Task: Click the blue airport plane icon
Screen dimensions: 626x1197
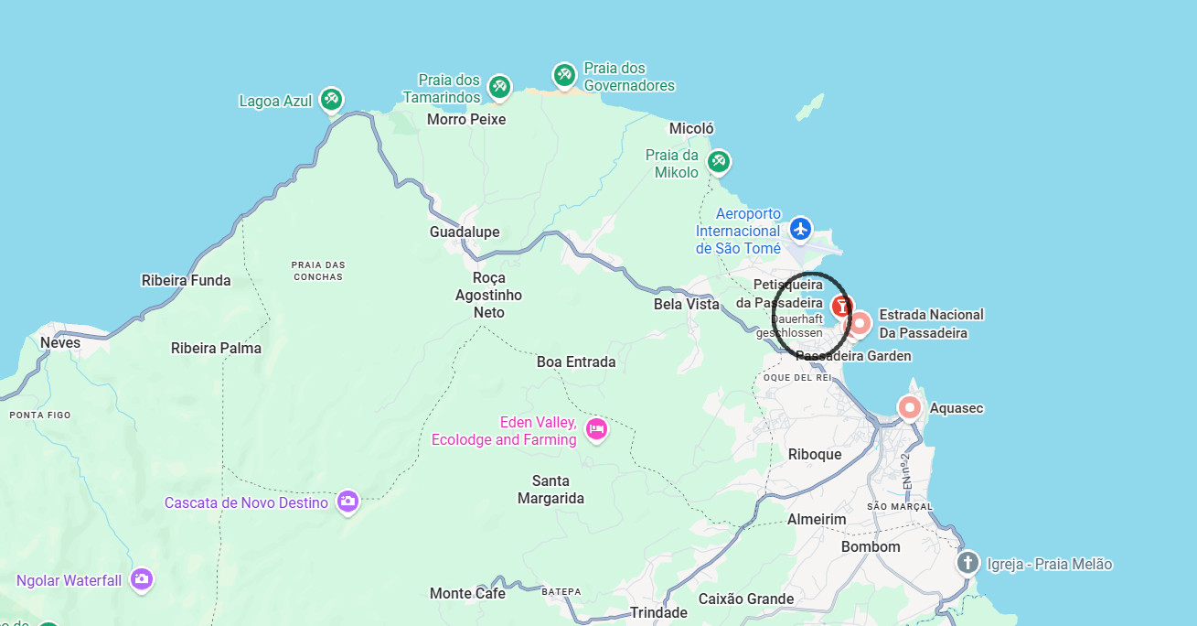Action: pos(801,229)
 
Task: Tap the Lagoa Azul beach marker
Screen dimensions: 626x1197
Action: pos(332,99)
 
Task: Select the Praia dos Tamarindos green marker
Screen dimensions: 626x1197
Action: pos(499,87)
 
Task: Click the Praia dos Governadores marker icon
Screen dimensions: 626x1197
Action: pos(564,74)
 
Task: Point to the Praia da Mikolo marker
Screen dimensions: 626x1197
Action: pos(719,162)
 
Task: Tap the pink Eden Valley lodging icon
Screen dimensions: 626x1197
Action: pos(596,428)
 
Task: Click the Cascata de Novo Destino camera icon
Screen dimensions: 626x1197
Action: pos(347,501)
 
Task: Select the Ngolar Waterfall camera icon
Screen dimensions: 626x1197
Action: pos(141,578)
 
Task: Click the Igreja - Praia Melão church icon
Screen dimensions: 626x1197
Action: pos(967,562)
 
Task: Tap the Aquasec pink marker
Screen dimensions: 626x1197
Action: pos(909,407)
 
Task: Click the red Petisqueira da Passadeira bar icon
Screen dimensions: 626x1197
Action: pos(841,306)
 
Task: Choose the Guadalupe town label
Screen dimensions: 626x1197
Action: pos(465,232)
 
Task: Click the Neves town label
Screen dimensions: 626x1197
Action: pos(60,343)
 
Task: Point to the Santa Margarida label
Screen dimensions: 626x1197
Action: pos(550,490)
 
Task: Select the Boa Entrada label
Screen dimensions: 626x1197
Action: pos(576,362)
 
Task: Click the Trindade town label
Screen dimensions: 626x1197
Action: pos(658,613)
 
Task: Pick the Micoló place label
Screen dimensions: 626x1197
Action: pos(691,129)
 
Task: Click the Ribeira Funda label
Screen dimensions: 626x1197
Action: pos(186,281)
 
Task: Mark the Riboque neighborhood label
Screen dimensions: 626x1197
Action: pos(815,455)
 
